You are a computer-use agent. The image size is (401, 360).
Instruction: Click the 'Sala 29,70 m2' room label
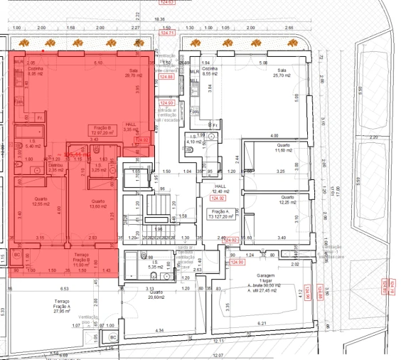(133, 72)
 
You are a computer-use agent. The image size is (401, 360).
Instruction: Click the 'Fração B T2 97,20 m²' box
(102, 130)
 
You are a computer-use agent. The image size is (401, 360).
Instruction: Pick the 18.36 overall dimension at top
(158, 19)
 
